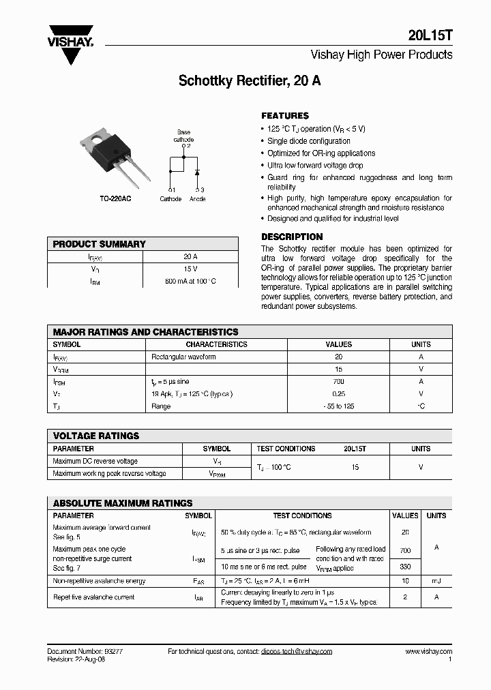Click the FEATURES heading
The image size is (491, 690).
coord(285,116)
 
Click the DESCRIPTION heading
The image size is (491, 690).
coord(292,237)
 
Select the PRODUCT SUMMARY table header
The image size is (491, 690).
coord(100,244)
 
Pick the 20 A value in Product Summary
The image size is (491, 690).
coord(190,257)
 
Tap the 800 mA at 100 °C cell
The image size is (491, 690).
coord(190,281)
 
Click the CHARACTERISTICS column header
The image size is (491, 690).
coord(216,345)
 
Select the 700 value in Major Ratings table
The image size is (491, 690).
coord(338,382)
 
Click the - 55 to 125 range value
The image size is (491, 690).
coord(338,406)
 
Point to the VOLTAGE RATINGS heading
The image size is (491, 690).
coord(96,436)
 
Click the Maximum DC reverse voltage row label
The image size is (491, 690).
coord(95,462)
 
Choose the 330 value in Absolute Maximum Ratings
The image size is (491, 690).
coord(405,567)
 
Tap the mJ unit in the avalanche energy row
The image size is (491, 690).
coord(436,581)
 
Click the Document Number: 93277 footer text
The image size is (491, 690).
coord(85,651)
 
